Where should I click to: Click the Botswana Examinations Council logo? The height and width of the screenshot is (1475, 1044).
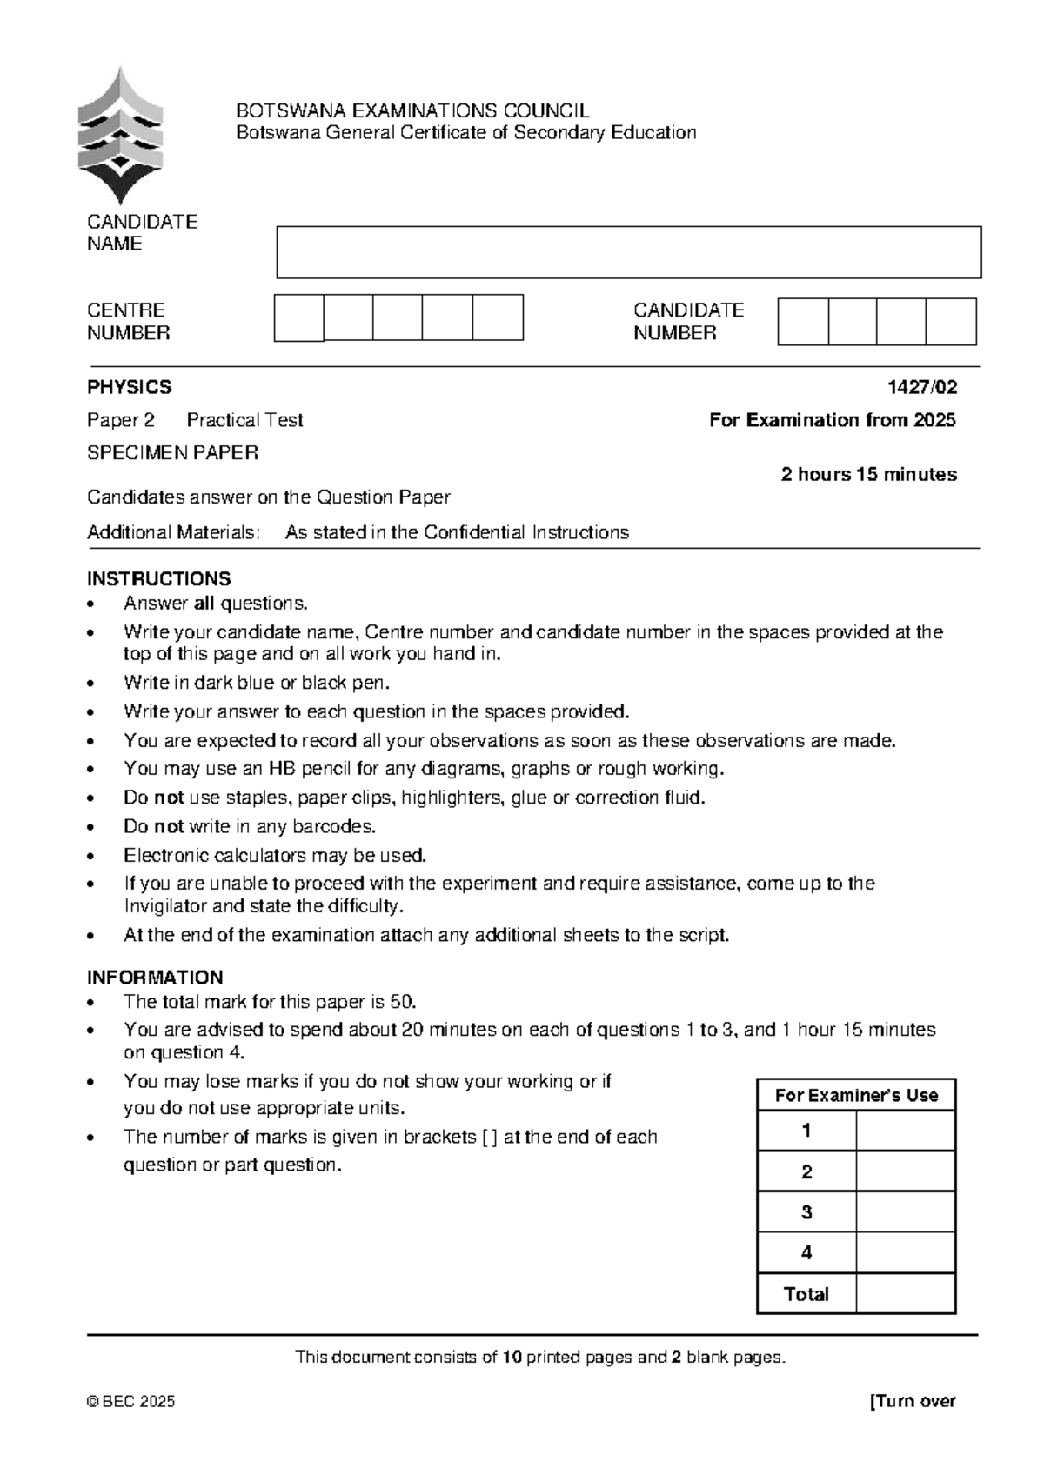(x=120, y=137)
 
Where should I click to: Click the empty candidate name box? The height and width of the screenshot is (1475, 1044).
(x=628, y=252)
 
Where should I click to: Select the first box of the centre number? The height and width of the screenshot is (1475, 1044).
(x=298, y=317)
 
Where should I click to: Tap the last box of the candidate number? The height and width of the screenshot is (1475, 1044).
(x=951, y=322)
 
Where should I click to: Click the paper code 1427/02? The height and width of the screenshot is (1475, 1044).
(x=921, y=387)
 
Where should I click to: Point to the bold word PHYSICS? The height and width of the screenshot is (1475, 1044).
(x=129, y=387)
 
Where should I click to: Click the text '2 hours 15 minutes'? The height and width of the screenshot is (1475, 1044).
(x=868, y=474)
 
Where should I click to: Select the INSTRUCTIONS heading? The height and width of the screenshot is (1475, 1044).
(x=158, y=578)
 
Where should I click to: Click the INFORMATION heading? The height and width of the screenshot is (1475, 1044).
(x=155, y=977)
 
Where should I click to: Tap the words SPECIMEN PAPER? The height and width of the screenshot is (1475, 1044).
(x=172, y=452)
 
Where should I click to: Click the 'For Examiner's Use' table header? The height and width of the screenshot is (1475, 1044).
(x=856, y=1095)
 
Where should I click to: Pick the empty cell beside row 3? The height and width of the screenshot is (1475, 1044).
(x=906, y=1211)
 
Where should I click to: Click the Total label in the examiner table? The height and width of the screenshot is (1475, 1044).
(x=806, y=1293)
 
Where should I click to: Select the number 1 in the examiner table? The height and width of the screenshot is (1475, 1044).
(x=806, y=1131)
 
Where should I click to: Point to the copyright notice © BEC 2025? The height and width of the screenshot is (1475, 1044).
(x=130, y=1401)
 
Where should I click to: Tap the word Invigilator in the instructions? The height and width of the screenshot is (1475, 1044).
(x=164, y=906)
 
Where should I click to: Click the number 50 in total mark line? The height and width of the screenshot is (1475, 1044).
(x=403, y=1001)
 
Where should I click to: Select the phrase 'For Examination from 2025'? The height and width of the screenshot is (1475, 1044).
(x=832, y=420)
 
